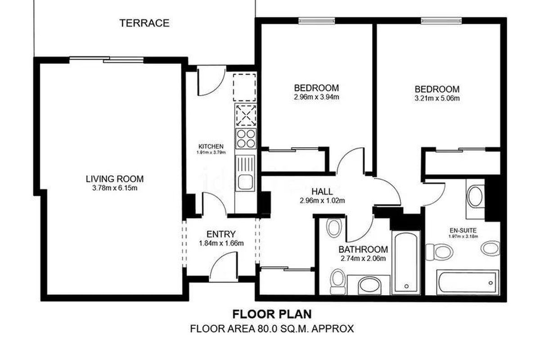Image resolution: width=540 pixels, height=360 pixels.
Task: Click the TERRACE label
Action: click(x=144, y=23)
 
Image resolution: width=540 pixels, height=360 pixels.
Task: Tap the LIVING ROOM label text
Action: click(x=115, y=179)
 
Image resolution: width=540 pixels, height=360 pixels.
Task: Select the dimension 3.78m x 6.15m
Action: click(x=115, y=188)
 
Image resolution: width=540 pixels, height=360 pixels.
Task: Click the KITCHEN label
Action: click(x=211, y=146)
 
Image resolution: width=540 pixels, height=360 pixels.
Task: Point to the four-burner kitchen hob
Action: click(x=246, y=139)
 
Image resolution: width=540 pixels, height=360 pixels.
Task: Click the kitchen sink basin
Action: click(x=245, y=182)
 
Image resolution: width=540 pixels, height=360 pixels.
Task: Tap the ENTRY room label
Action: click(x=221, y=234)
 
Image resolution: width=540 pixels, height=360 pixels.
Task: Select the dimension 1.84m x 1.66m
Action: click(x=221, y=243)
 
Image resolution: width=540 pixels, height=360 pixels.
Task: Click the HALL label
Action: click(x=322, y=191)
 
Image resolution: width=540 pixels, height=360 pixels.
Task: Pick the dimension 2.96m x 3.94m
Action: click(x=316, y=97)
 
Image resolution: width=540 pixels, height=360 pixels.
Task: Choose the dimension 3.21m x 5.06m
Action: click(x=437, y=99)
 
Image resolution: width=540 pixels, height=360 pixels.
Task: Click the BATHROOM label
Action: click(x=363, y=249)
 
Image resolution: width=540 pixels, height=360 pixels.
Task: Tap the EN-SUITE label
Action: click(x=463, y=230)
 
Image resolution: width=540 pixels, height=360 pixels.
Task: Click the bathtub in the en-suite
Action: click(x=468, y=282)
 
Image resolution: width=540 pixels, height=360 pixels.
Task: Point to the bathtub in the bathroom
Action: click(x=406, y=263)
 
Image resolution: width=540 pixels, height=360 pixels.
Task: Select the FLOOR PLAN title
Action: click(x=272, y=314)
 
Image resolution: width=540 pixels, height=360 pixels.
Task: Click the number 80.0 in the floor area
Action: click(x=266, y=328)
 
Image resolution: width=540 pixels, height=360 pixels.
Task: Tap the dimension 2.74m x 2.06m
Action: click(x=363, y=258)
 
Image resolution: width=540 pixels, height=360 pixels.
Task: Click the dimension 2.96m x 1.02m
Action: click(x=322, y=200)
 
